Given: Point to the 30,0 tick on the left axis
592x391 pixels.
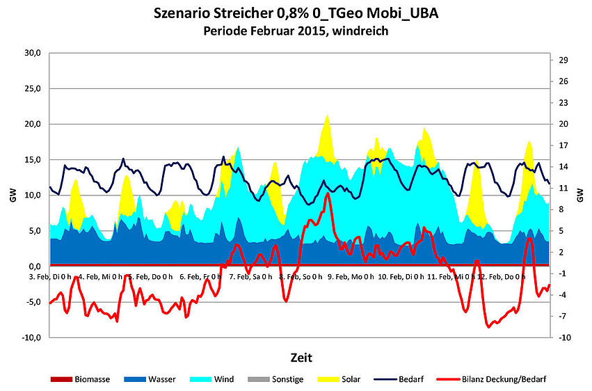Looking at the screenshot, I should coord(33,53).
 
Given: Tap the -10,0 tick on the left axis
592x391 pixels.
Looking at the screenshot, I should coord(31,337).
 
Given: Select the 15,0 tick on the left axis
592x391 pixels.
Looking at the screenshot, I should coord(33,160).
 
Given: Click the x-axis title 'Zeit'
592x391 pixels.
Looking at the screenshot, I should coord(301,358).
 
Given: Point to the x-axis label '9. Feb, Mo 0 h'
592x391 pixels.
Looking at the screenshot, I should coord(350,277).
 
